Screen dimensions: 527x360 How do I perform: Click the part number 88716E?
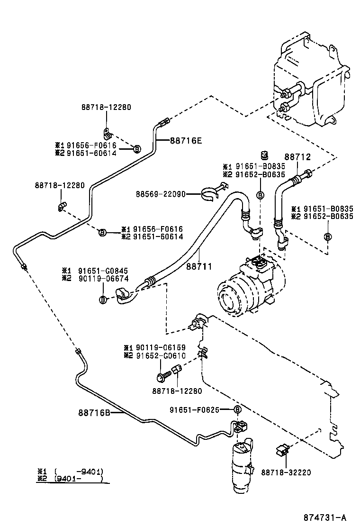(186, 140)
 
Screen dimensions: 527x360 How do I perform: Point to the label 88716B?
(94, 412)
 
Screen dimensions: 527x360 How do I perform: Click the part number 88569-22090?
(160, 194)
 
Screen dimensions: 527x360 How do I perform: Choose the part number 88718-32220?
(286, 472)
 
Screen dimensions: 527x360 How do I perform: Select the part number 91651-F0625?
(194, 409)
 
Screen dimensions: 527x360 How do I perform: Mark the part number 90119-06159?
(162, 348)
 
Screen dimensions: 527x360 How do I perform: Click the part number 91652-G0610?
(162, 355)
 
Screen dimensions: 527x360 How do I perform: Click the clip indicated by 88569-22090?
(211, 192)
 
